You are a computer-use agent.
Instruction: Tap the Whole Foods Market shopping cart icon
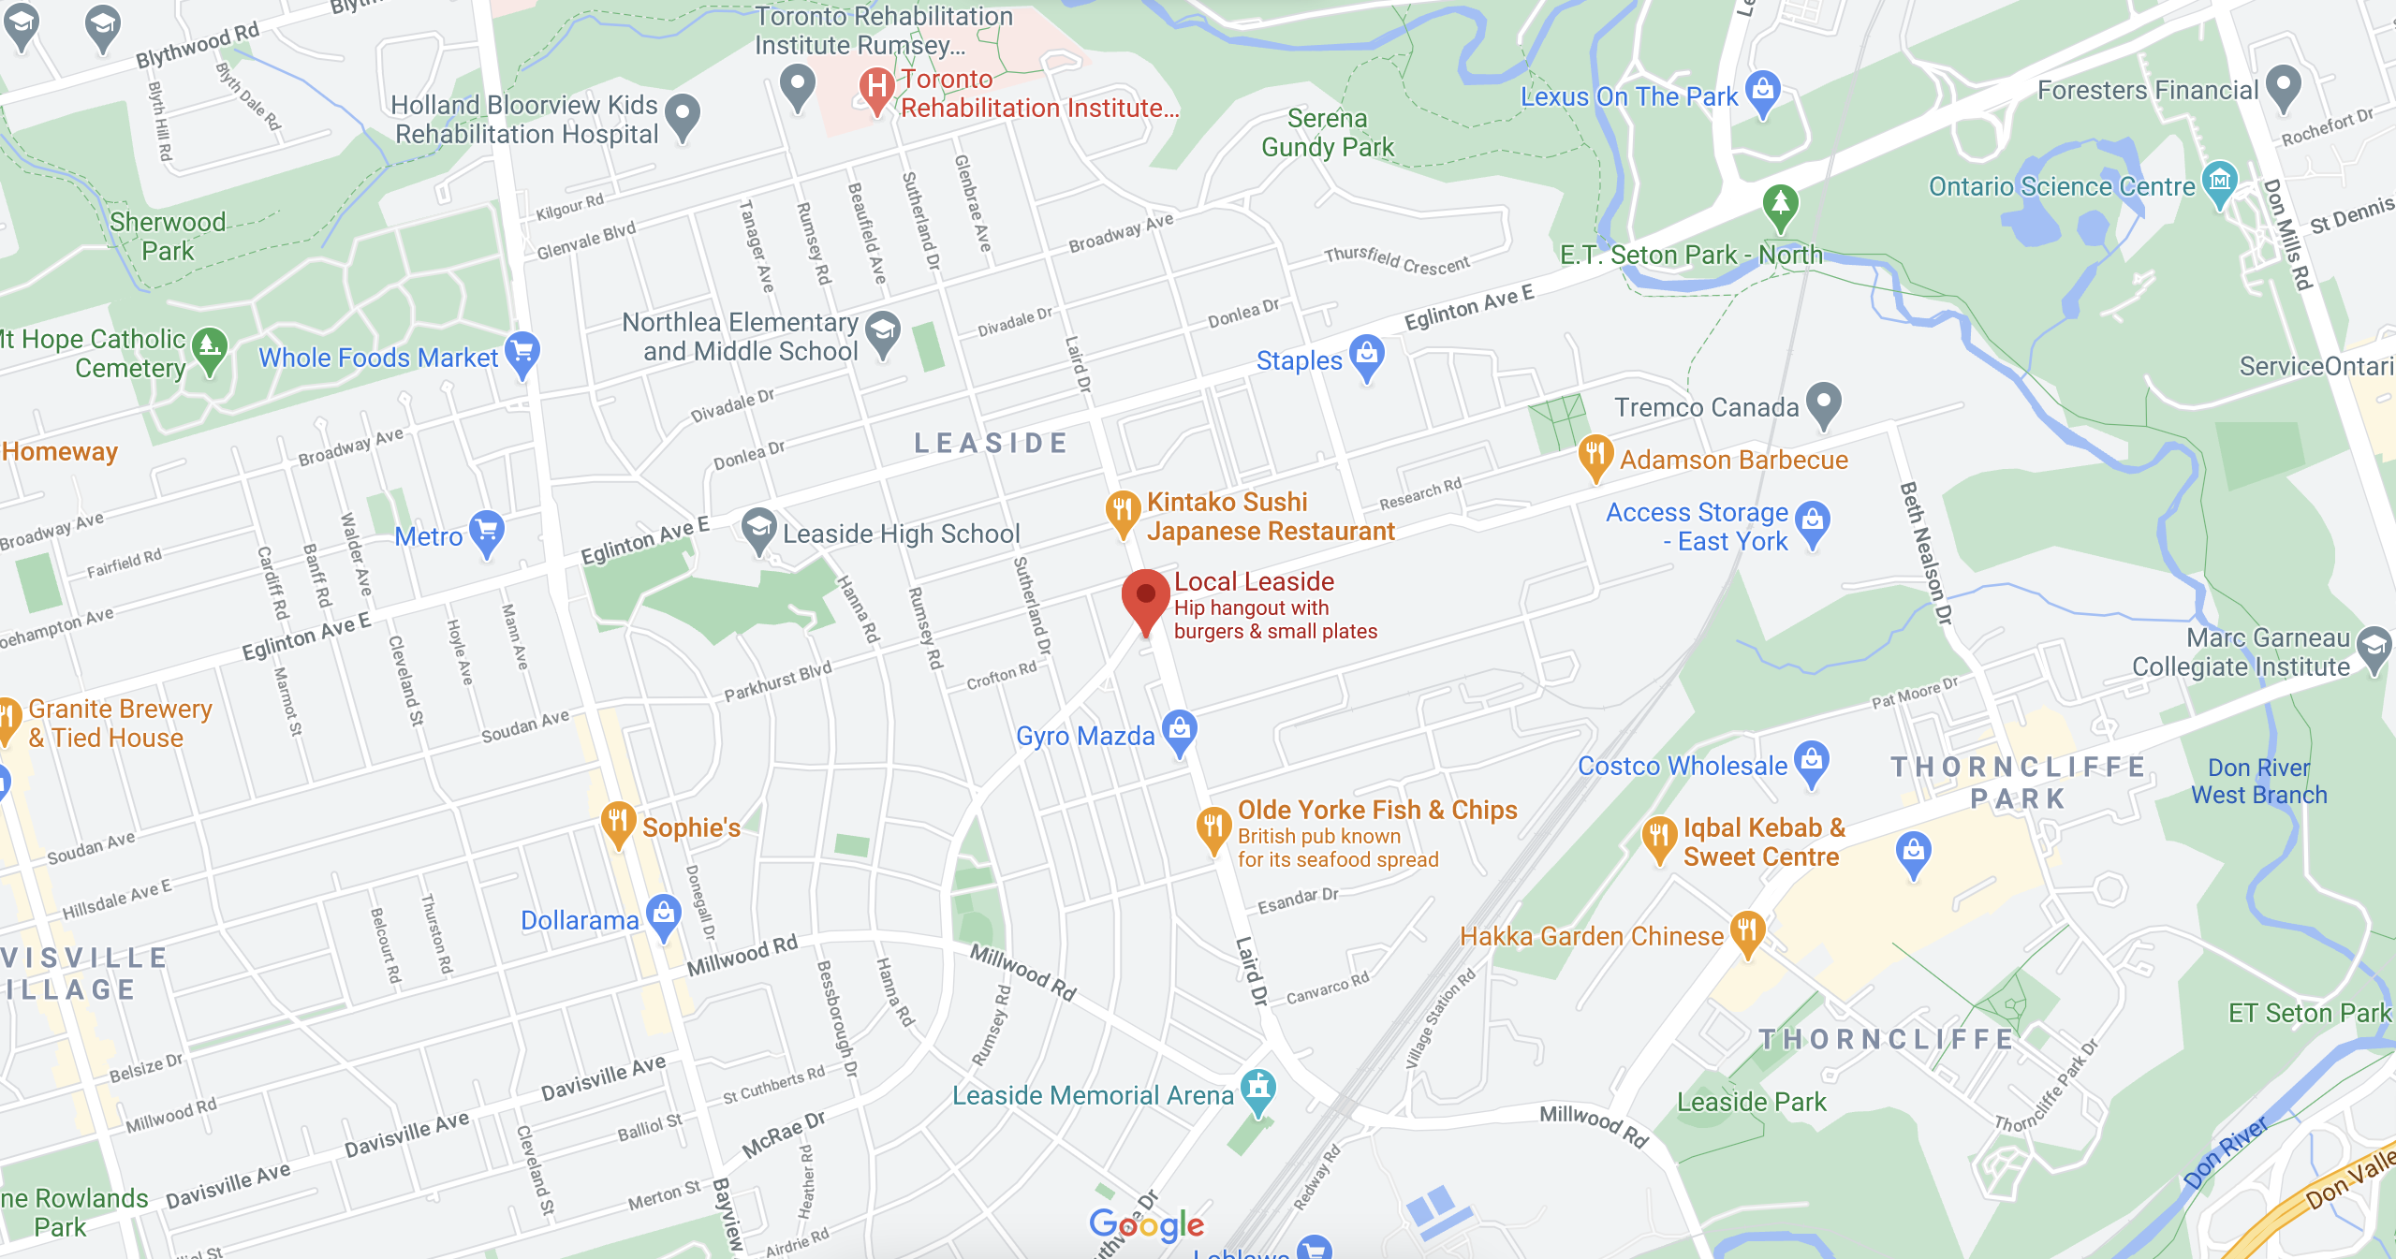coord(522,353)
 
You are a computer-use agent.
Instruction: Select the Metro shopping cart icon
coord(486,532)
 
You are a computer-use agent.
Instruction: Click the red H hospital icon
coord(876,88)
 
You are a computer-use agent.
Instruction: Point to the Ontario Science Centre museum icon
coord(2220,181)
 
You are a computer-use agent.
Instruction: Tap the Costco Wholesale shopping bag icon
coord(1812,761)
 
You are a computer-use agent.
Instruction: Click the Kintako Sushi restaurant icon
coord(1122,511)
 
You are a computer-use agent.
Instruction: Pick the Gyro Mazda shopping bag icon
coord(1179,730)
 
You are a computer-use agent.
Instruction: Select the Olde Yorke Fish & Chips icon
coord(1213,827)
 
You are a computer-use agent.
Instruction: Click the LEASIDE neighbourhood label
coord(991,443)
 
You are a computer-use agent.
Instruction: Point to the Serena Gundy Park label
coord(1327,133)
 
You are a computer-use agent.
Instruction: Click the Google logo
coord(1146,1224)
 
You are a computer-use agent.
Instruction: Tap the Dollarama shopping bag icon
coord(664,915)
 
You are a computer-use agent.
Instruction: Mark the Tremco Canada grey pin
coord(1823,403)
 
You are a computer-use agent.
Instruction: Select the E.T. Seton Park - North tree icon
coord(1780,205)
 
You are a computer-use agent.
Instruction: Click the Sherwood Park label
coord(168,236)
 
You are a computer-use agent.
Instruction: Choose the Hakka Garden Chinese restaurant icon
coord(1747,932)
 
